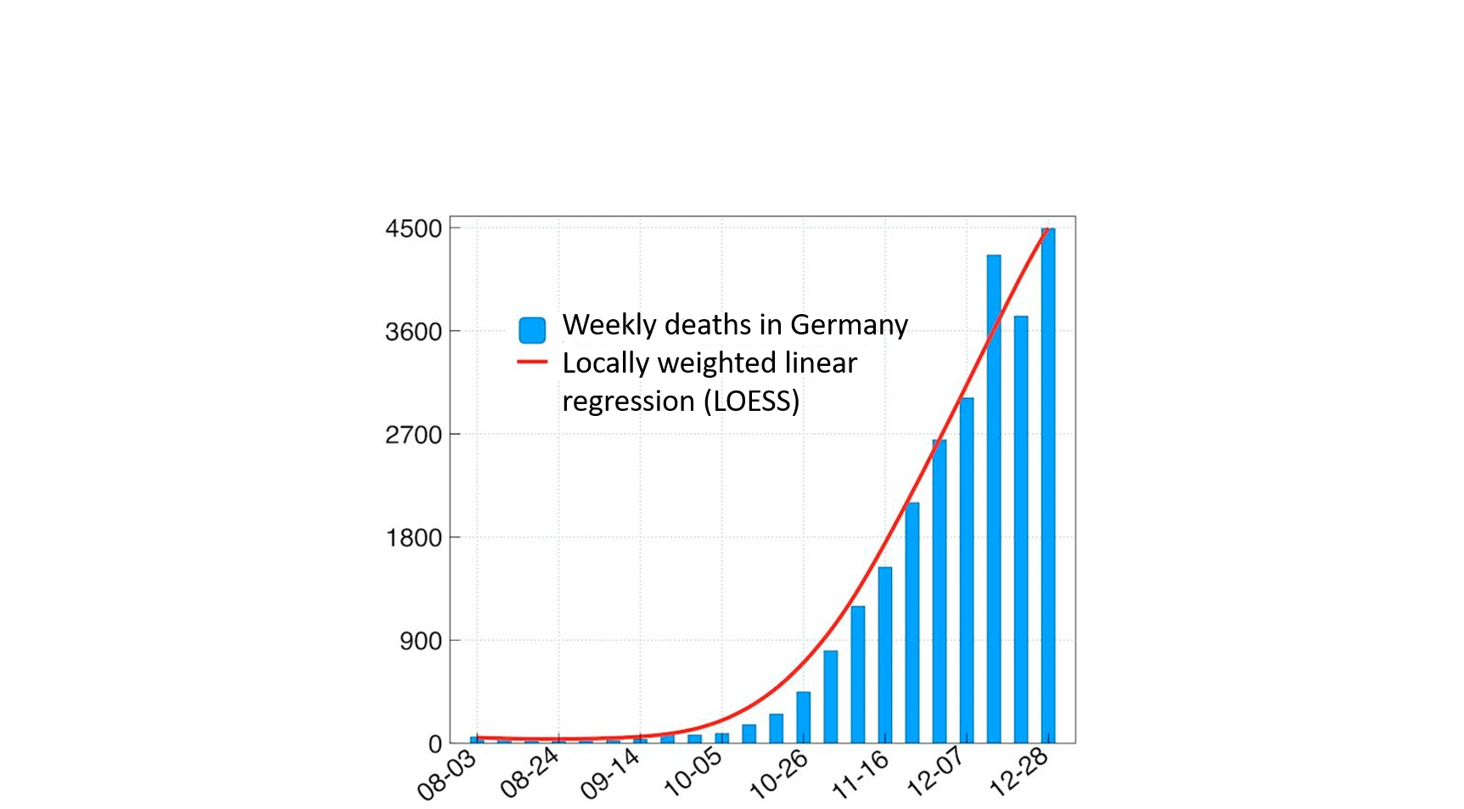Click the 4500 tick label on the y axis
(413, 229)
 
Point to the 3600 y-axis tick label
(413, 332)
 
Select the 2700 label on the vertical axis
(413, 435)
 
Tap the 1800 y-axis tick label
(413, 538)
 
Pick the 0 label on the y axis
(435, 744)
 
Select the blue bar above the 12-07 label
(940, 591)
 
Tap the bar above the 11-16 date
(885, 655)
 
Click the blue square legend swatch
(532, 330)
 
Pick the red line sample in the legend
(532, 362)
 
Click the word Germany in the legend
(849, 325)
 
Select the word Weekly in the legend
(609, 325)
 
